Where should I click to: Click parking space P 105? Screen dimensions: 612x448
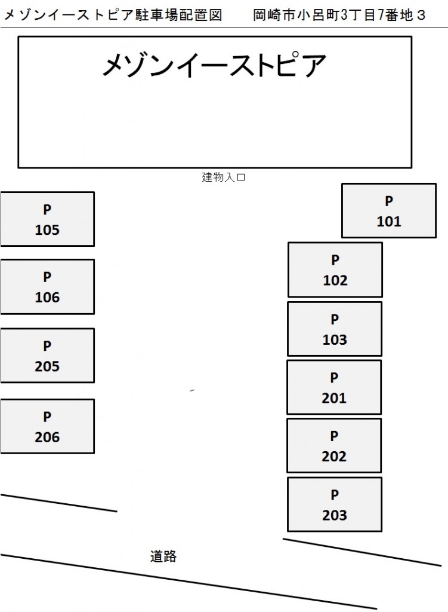[x=47, y=219]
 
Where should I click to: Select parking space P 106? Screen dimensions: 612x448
[x=47, y=286]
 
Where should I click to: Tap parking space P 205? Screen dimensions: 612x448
[x=47, y=356]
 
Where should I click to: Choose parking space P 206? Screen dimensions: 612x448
[x=47, y=426]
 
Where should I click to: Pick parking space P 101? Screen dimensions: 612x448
[x=388, y=210]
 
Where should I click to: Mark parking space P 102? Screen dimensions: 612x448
[x=335, y=270]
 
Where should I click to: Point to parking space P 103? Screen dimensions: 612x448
[x=334, y=329]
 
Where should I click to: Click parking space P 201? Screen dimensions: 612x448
[x=333, y=387]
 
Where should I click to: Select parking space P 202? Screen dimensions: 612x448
[x=333, y=446]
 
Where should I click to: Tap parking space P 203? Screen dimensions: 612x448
[x=334, y=504]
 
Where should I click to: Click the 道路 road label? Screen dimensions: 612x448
[x=163, y=556]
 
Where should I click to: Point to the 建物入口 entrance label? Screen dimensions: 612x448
[x=224, y=177]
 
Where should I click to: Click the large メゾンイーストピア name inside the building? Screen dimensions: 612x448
[x=214, y=66]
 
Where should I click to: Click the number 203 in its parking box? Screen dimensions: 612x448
[x=334, y=515]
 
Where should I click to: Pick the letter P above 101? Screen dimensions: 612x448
[x=389, y=201]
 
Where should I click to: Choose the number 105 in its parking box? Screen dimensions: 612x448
[x=47, y=230]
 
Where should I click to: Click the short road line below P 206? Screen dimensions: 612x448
[x=58, y=503]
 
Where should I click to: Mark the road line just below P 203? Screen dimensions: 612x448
[x=362, y=552]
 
